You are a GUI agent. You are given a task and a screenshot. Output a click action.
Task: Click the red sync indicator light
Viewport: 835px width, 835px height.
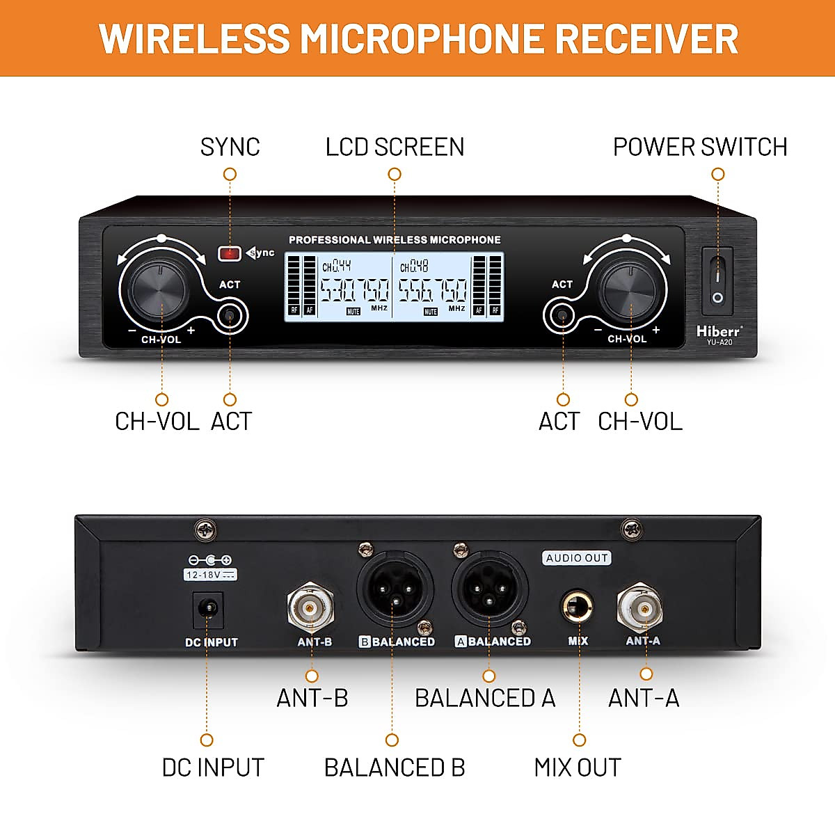pyautogui.click(x=230, y=253)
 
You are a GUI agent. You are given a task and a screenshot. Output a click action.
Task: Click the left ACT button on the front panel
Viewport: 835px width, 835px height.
pyautogui.click(x=229, y=317)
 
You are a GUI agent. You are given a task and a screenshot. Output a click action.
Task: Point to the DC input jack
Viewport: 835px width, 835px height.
pyautogui.click(x=207, y=610)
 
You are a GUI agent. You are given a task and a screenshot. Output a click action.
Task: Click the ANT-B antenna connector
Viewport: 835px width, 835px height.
pyautogui.click(x=310, y=609)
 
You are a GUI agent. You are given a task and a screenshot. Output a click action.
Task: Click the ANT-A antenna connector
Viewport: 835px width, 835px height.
pyautogui.click(x=640, y=608)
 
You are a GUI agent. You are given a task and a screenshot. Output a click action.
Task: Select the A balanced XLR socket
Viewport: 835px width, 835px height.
pyautogui.click(x=489, y=593)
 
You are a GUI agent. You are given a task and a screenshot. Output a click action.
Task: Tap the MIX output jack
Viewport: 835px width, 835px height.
pyautogui.click(x=578, y=607)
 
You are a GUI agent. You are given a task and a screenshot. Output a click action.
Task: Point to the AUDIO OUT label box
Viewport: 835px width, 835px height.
pyautogui.click(x=577, y=558)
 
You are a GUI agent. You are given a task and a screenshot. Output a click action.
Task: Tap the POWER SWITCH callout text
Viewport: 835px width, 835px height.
pyautogui.click(x=699, y=147)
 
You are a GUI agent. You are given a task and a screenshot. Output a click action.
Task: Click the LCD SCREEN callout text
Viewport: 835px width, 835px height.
pyautogui.click(x=395, y=147)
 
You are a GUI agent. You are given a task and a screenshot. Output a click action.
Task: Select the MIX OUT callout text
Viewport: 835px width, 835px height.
pyautogui.click(x=577, y=768)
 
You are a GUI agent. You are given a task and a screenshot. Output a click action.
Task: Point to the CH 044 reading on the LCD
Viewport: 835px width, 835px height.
pyautogui.click(x=336, y=266)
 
